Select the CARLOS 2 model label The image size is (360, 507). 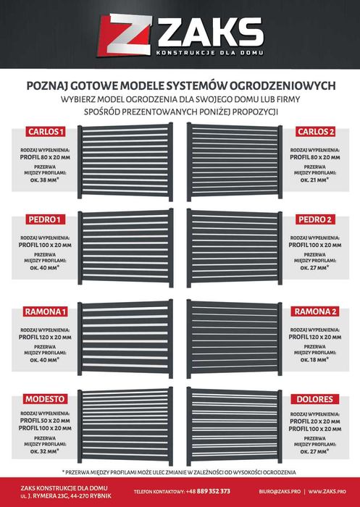point(316,132)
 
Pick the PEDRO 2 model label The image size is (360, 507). point(317,219)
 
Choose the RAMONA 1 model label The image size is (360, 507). point(45,311)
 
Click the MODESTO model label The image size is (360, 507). point(46,398)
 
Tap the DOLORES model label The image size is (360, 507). point(317,398)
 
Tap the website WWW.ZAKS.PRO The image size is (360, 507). point(331,491)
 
